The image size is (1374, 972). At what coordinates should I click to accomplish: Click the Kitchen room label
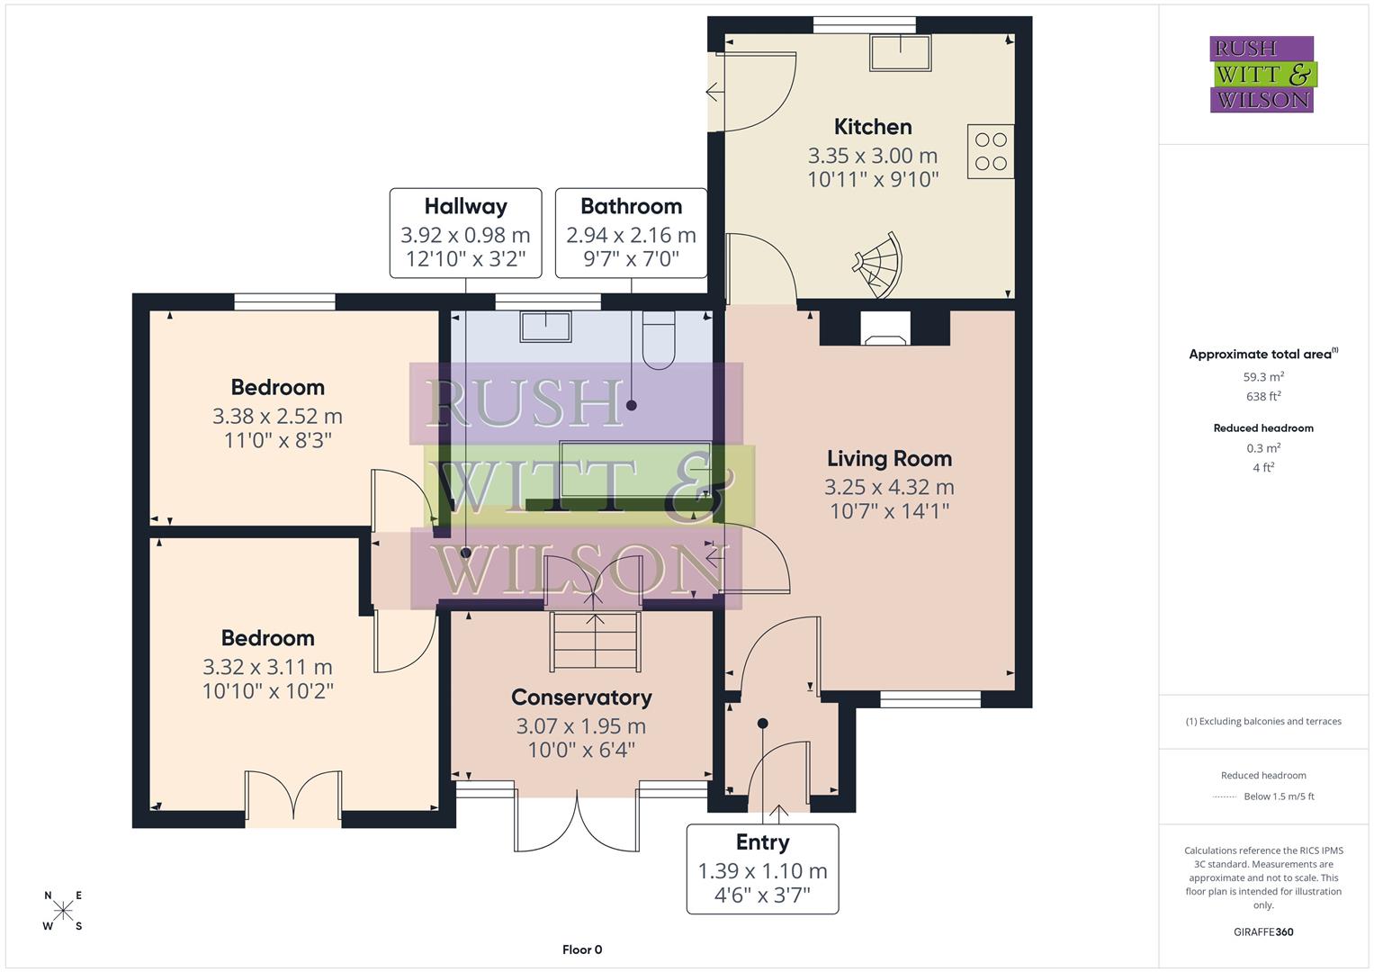tap(872, 127)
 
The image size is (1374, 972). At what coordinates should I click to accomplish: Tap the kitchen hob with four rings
tap(991, 151)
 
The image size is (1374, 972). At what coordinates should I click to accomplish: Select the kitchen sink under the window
tap(900, 52)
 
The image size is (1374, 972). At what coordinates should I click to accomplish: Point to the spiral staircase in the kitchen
tap(878, 265)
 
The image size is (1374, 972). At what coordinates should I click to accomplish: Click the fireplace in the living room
tap(885, 329)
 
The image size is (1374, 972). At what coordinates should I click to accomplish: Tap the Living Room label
tap(889, 459)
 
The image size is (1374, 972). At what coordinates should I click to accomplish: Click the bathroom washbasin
tap(545, 326)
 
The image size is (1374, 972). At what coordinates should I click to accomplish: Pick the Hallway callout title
tap(465, 207)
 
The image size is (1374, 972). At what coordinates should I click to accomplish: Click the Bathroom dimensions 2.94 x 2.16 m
tap(631, 236)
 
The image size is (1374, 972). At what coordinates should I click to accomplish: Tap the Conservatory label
tap(581, 697)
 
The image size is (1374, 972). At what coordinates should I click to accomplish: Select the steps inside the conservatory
tap(595, 641)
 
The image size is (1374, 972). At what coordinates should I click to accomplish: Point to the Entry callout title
tap(762, 842)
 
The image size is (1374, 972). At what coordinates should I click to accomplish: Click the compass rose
tap(63, 911)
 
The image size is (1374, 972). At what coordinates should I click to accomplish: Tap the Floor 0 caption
tap(582, 949)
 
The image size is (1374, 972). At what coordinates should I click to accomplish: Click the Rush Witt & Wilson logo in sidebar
tap(1262, 75)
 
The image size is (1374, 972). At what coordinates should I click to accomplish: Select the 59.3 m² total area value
tap(1263, 377)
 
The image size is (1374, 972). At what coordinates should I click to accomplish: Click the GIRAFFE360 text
tap(1263, 931)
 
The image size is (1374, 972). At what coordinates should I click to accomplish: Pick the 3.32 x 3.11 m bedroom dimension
tap(267, 668)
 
